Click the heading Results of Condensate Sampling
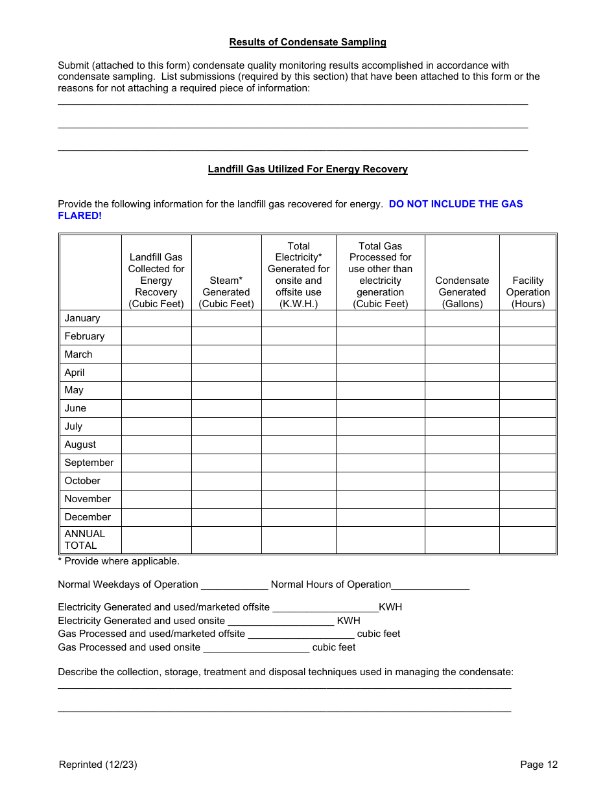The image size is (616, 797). (307, 42)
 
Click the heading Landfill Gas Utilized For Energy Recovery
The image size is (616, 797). (307, 169)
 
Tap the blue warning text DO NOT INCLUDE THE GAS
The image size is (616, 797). (455, 204)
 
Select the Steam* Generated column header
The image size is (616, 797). (226, 292)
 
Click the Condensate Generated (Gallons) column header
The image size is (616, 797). (462, 292)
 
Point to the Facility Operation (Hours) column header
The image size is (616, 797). (528, 292)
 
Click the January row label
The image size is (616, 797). (82, 318)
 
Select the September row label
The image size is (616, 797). (89, 463)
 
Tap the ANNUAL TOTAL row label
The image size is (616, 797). (85, 539)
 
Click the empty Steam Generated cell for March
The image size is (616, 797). (226, 354)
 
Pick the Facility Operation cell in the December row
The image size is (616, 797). (528, 517)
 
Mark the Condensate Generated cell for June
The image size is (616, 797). (462, 408)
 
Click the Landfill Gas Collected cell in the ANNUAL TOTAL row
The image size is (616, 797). (156, 539)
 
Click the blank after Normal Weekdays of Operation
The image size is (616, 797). (234, 585)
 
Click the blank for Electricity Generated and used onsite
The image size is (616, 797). (281, 621)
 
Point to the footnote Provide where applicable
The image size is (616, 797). (119, 561)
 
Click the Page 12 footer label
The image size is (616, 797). (538, 765)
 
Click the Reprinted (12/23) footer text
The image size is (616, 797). (98, 765)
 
